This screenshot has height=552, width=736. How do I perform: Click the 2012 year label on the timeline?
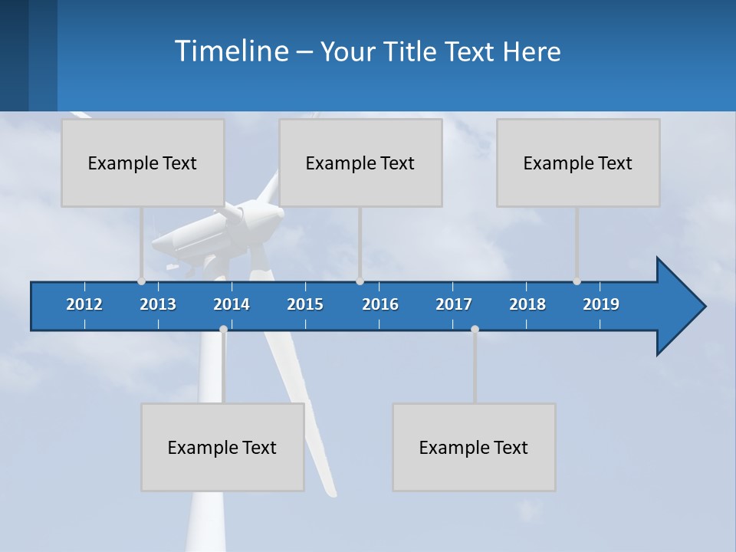coord(84,304)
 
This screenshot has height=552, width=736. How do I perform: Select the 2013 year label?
coord(158,304)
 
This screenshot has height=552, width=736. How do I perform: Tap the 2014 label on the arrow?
coord(232,304)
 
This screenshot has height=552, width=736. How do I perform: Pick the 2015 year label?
coord(305,304)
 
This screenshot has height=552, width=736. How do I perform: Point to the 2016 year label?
coord(380,304)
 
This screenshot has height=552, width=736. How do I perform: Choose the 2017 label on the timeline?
coord(454,304)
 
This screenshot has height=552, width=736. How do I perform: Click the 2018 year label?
coord(527,304)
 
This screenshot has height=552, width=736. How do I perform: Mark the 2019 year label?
coord(601,304)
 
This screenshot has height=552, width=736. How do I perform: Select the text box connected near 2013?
coord(143,163)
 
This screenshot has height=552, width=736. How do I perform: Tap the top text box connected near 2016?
coord(360,163)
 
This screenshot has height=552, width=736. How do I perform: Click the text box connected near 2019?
coord(578,163)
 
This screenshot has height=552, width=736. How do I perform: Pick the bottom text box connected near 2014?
coord(222,447)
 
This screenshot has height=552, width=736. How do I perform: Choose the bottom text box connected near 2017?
coord(474,447)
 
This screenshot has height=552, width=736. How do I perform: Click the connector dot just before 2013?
coord(141,281)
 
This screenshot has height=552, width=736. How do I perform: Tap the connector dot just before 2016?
coord(360,281)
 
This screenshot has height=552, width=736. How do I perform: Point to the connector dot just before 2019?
coord(577,281)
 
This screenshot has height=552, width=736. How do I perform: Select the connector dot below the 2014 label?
coord(223,330)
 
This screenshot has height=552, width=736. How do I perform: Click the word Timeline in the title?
coord(231,51)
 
